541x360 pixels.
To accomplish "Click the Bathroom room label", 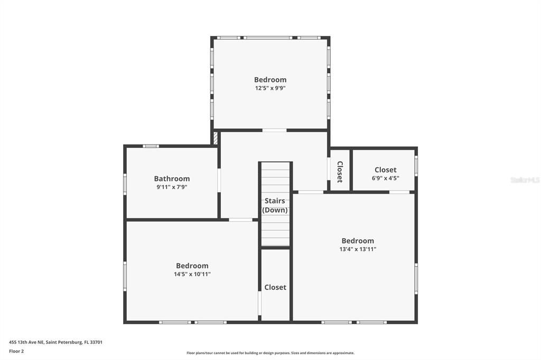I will tap(172, 179).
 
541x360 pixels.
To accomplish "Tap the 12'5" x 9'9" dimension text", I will tap(270, 89).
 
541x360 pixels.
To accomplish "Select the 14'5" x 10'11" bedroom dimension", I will tap(192, 274).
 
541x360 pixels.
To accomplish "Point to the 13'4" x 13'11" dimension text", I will tap(358, 249).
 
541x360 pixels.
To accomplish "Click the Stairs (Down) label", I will tap(275, 205).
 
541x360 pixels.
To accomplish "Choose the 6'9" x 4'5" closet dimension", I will tap(385, 178).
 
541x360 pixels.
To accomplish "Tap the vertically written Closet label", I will tap(340, 172).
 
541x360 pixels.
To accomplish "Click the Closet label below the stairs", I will tap(275, 287).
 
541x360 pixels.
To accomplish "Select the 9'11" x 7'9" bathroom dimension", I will tap(172, 187).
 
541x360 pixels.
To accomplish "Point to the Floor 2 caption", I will tap(16, 351).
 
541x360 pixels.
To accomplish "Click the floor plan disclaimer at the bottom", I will tap(270, 353).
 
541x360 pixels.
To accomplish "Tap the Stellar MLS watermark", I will tap(525, 180).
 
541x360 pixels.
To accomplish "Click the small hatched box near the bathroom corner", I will tap(216, 138).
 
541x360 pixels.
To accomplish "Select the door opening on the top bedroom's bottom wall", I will tap(274, 130).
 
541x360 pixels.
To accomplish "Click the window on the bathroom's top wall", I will tap(151, 146).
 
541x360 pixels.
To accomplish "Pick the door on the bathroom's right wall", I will tap(219, 180).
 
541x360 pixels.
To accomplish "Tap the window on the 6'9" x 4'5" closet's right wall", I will tap(416, 166).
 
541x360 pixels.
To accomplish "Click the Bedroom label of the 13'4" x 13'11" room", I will tap(358, 241).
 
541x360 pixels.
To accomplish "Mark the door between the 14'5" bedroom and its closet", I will tap(259, 303).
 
